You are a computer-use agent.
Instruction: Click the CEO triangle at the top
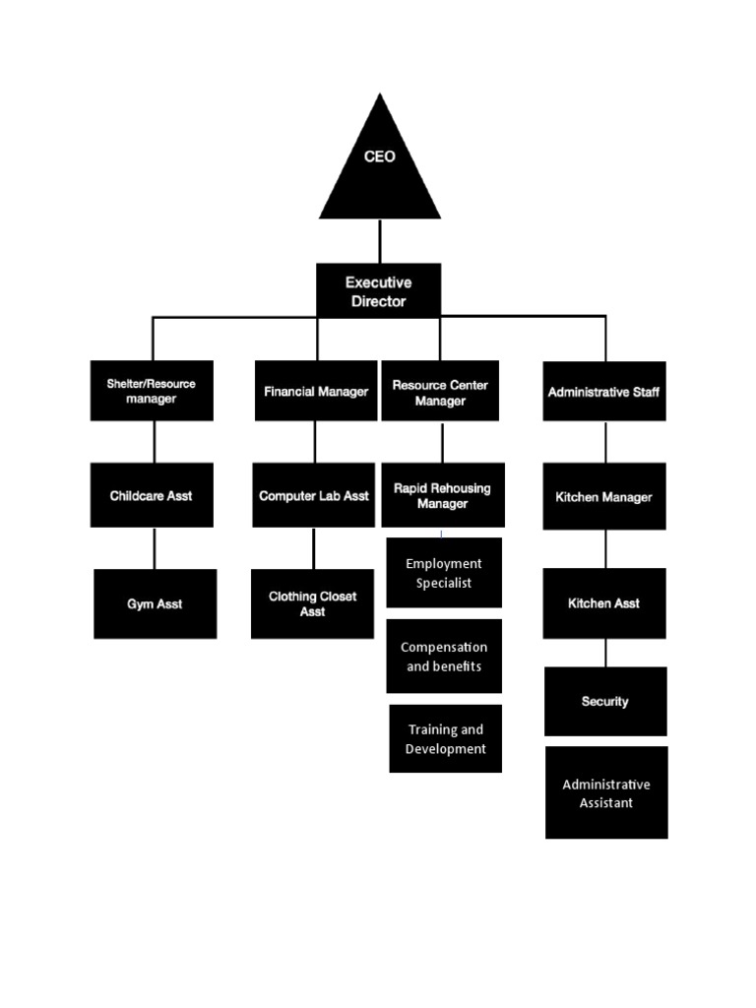point(379,167)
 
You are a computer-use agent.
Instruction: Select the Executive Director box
point(378,291)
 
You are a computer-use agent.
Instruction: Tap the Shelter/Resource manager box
point(152,391)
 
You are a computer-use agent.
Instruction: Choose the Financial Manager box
point(316,391)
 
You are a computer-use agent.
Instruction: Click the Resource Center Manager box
point(440,392)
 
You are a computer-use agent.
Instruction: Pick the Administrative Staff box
point(604,391)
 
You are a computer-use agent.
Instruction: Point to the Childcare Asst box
point(152,495)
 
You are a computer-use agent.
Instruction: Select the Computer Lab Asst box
point(314,495)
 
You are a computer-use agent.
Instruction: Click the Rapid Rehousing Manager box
point(442,495)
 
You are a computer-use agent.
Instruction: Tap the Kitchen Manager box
point(604,496)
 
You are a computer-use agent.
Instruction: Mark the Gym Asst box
point(155,603)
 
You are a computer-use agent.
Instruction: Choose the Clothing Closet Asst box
point(312,603)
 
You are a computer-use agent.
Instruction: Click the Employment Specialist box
point(444,573)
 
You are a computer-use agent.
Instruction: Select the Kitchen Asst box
point(604,602)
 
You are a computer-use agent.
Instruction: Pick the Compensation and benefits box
point(444,657)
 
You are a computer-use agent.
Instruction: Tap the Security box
point(605,701)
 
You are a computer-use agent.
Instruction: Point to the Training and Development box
point(445,738)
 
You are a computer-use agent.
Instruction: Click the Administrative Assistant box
point(606,792)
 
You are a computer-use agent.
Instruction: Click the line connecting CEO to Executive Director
point(379,241)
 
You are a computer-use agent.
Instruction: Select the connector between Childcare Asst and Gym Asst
point(154,548)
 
